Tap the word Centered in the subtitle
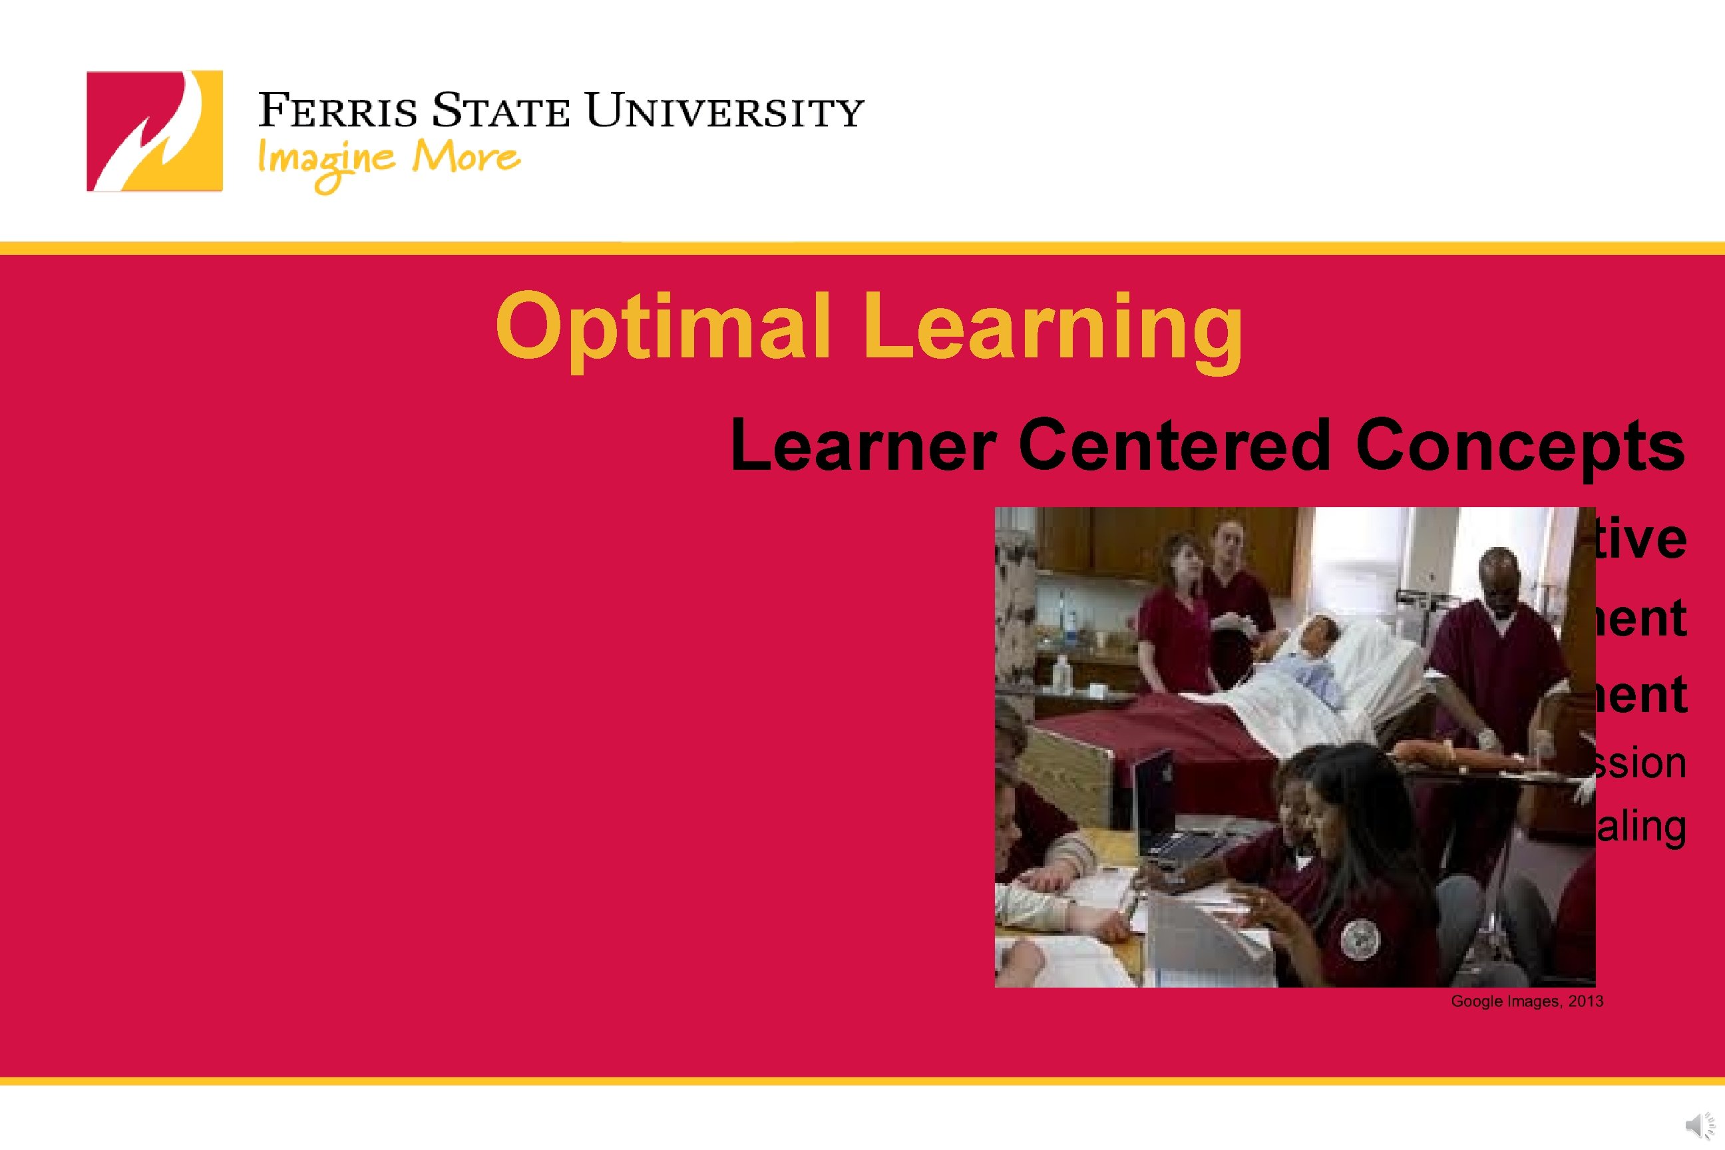pyautogui.click(x=1174, y=445)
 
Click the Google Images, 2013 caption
pyautogui.click(x=1527, y=1001)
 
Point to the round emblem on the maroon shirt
pyautogui.click(x=1361, y=938)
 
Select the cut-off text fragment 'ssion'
pyautogui.click(x=1641, y=763)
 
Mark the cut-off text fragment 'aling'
pyautogui.click(x=1641, y=827)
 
